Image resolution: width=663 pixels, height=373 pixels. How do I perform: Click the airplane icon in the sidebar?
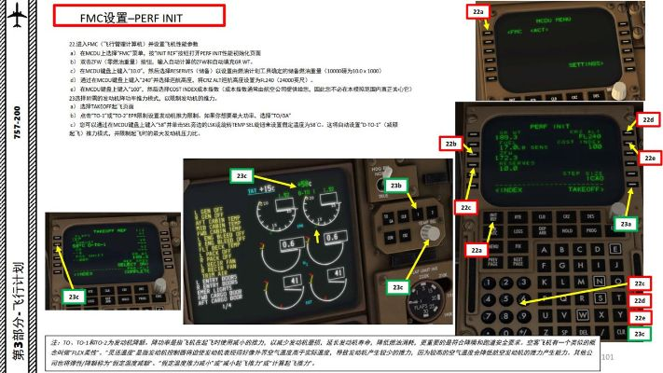click(x=19, y=21)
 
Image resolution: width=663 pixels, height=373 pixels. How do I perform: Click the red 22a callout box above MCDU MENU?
click(x=478, y=11)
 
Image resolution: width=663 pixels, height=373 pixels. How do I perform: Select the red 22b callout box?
click(x=451, y=145)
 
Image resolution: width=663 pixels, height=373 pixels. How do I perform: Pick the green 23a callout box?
click(x=625, y=224)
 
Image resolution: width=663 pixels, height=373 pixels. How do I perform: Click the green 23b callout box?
click(x=395, y=186)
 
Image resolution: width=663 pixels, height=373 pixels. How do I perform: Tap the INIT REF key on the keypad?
click(x=496, y=216)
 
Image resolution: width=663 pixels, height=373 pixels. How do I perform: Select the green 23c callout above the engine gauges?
click(x=241, y=175)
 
